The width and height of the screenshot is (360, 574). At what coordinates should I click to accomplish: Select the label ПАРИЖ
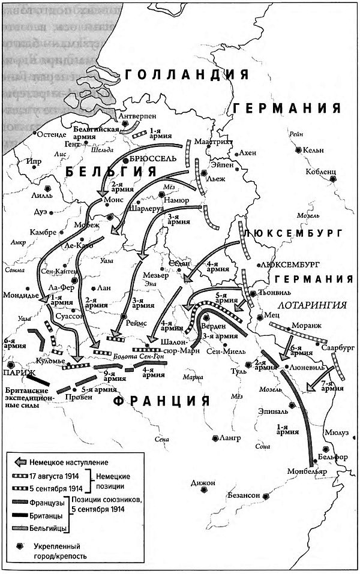[x=16, y=373]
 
